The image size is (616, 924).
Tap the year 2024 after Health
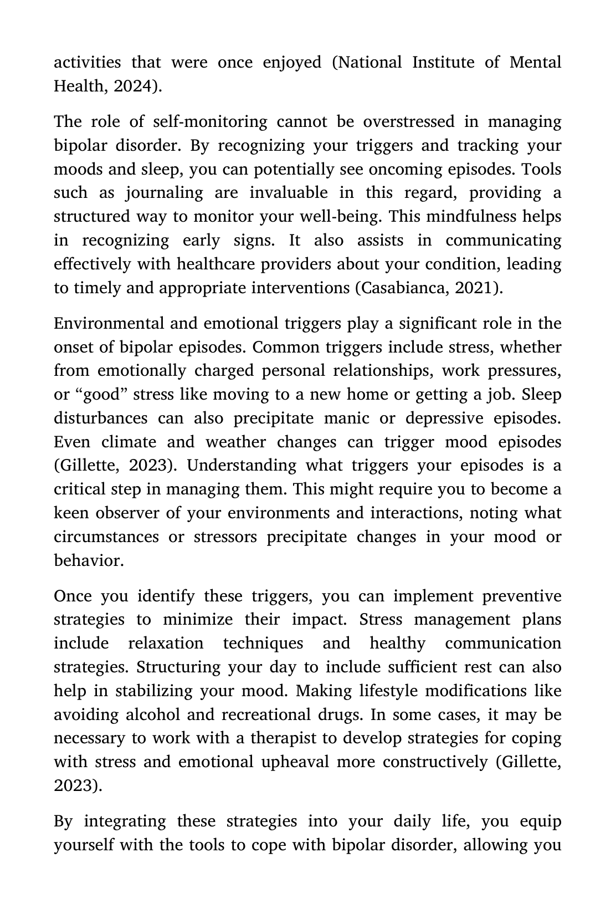point(135,86)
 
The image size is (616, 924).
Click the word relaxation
point(166,643)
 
